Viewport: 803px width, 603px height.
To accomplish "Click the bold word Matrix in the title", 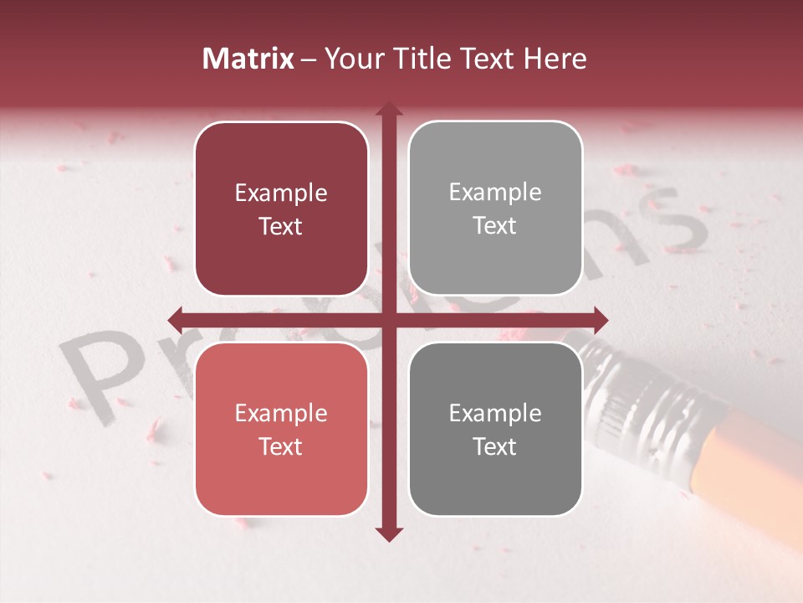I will tap(248, 59).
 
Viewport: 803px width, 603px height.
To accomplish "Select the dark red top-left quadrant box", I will tap(281, 209).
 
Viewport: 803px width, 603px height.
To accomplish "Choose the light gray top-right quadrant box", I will tap(495, 209).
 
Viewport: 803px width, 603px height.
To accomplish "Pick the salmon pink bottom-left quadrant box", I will tap(281, 429).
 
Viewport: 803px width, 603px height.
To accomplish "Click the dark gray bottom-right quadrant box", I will tap(495, 429).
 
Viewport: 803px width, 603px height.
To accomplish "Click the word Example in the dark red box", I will tap(281, 193).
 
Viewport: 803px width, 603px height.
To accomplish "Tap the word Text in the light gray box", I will tap(495, 226).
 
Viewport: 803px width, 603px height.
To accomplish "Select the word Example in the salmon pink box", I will tap(281, 413).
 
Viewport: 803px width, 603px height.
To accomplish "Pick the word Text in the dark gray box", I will tap(495, 446).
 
